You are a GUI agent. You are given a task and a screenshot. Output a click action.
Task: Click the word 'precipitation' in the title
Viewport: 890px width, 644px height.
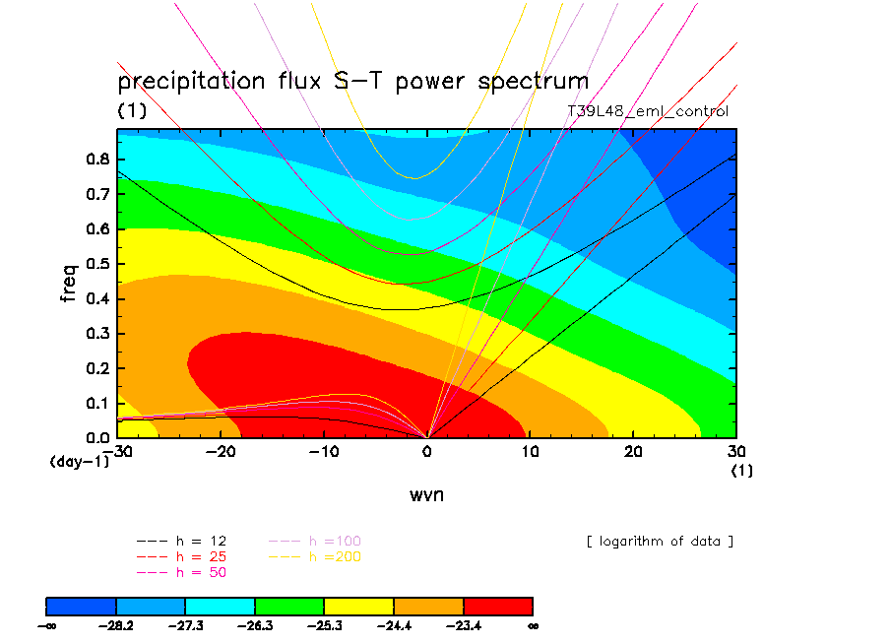(191, 81)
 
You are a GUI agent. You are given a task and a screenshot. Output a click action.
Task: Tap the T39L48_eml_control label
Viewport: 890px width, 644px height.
(648, 111)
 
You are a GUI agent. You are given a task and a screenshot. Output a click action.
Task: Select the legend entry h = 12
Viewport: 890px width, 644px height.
(181, 542)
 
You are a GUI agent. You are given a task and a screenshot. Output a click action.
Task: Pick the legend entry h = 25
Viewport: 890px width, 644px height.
(181, 556)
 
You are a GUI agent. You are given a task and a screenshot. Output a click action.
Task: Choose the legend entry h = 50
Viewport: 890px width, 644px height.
(181, 572)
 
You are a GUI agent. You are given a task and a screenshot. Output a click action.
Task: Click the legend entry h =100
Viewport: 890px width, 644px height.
(315, 542)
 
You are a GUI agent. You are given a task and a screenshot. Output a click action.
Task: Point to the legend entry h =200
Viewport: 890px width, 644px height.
(315, 556)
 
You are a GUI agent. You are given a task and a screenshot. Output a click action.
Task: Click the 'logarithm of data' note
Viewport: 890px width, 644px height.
(660, 542)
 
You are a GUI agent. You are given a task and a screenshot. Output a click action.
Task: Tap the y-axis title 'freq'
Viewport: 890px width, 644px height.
(68, 283)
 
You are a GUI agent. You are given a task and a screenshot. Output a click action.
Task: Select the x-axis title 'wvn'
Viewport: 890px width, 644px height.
(427, 495)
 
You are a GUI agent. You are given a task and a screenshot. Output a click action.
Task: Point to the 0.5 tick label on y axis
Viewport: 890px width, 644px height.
(97, 264)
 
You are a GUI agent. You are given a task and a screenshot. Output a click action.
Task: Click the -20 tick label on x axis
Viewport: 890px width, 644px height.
(221, 451)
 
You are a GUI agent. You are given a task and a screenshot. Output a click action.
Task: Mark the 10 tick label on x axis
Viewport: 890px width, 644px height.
(530, 451)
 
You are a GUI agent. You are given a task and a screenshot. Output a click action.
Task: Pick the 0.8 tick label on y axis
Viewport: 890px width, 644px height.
(97, 159)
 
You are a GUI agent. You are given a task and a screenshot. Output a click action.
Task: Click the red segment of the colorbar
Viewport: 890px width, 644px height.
(498, 607)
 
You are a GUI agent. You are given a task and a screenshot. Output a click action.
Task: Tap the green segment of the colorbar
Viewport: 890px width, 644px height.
(289, 607)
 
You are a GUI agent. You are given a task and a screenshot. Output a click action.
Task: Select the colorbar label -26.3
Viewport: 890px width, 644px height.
(255, 626)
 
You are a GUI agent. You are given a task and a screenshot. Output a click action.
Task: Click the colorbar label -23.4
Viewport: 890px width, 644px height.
(464, 626)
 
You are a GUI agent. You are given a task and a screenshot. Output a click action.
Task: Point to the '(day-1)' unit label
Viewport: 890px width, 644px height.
(80, 462)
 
